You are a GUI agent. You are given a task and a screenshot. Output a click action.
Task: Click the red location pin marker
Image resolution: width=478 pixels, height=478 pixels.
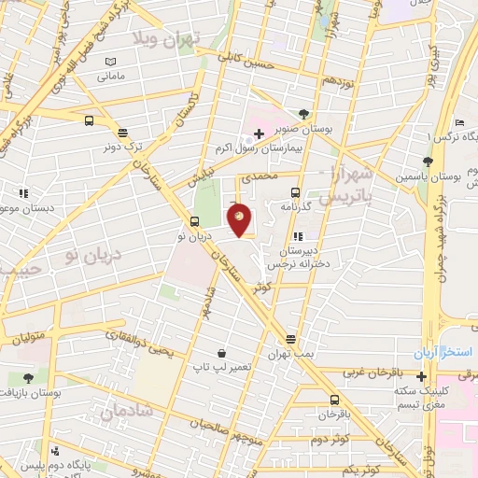pyautogui.click(x=241, y=219)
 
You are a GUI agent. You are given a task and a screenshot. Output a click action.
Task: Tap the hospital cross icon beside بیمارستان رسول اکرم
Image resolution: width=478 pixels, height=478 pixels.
pyautogui.click(x=259, y=135)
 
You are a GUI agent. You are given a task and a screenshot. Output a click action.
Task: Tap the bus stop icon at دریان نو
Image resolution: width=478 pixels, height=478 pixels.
pyautogui.click(x=194, y=221)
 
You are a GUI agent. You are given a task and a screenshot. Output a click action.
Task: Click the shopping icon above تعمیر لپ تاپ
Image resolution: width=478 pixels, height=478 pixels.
pyautogui.click(x=221, y=354)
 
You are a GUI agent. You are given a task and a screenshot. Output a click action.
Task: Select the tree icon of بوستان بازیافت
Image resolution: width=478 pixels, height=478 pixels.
pyautogui.click(x=28, y=378)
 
